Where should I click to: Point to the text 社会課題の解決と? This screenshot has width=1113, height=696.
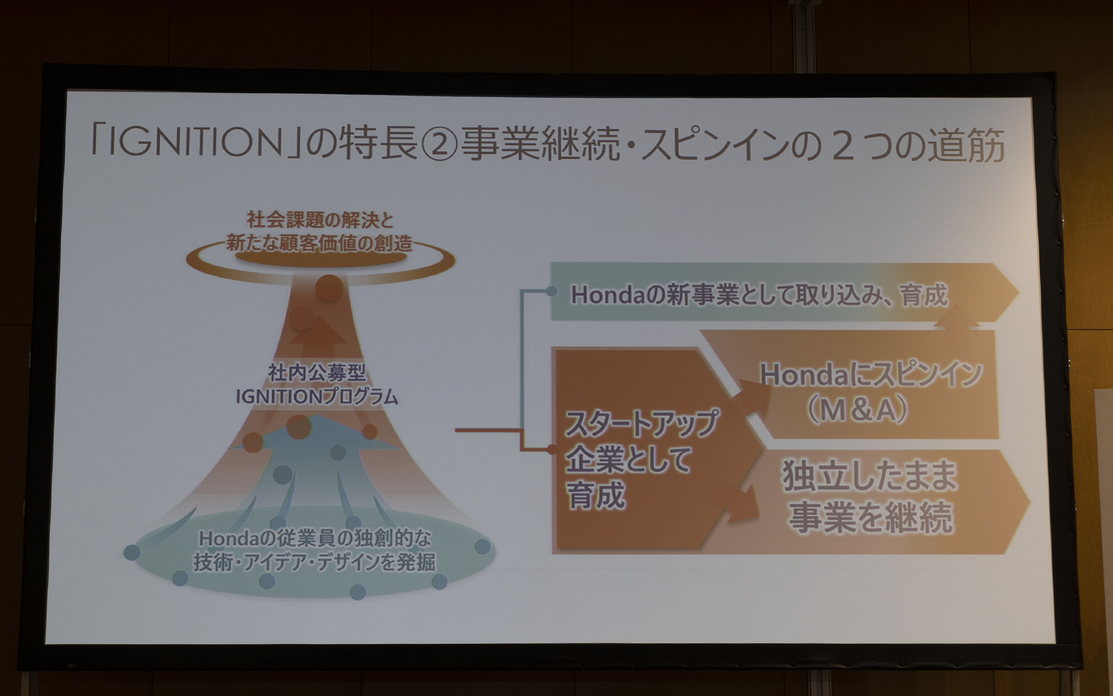point(320,220)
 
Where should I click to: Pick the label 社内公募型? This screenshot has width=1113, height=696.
point(317,373)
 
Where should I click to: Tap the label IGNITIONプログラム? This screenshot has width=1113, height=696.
point(317,397)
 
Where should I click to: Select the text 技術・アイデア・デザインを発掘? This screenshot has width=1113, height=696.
point(314,562)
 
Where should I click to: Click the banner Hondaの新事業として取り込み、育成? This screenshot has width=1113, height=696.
point(759,295)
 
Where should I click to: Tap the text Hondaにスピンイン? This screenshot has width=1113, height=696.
point(871,375)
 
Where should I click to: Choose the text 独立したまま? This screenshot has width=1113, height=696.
point(869,476)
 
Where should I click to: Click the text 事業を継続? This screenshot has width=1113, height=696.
point(870,517)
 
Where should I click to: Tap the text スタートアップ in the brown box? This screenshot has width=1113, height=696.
point(641,422)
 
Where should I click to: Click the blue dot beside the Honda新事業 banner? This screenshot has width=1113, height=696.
point(551,292)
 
